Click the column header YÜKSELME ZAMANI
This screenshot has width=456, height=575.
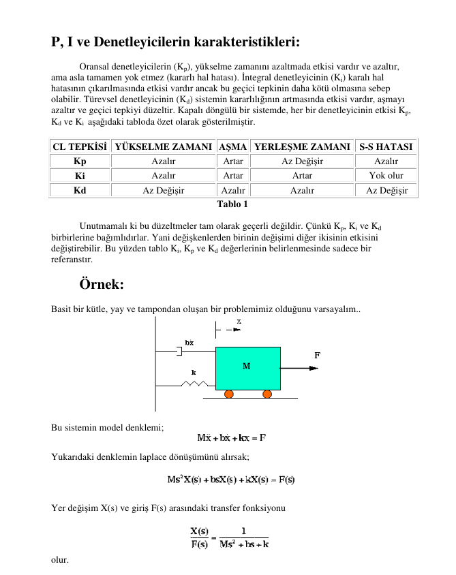pyautogui.click(x=163, y=146)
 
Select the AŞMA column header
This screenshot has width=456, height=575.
pyautogui.click(x=232, y=146)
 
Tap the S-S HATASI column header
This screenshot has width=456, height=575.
pyautogui.click(x=386, y=146)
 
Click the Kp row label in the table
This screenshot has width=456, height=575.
pyautogui.click(x=80, y=161)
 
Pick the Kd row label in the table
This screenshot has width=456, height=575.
pyautogui.click(x=80, y=190)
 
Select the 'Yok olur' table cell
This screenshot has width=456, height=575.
pyautogui.click(x=386, y=176)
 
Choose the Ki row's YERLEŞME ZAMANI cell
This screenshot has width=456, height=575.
pyautogui.click(x=302, y=176)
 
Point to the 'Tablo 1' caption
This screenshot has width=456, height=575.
pyautogui.click(x=232, y=204)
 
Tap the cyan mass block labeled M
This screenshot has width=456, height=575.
pyautogui.click(x=247, y=367)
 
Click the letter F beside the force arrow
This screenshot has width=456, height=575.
pyautogui.click(x=317, y=355)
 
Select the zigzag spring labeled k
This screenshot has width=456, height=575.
pyautogui.click(x=194, y=384)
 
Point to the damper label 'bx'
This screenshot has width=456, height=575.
pyautogui.click(x=189, y=342)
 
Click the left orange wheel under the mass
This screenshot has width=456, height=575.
pyautogui.click(x=230, y=394)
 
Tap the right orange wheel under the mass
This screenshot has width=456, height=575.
pyautogui.click(x=267, y=394)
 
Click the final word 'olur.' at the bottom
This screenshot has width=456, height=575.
pyautogui.click(x=60, y=559)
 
